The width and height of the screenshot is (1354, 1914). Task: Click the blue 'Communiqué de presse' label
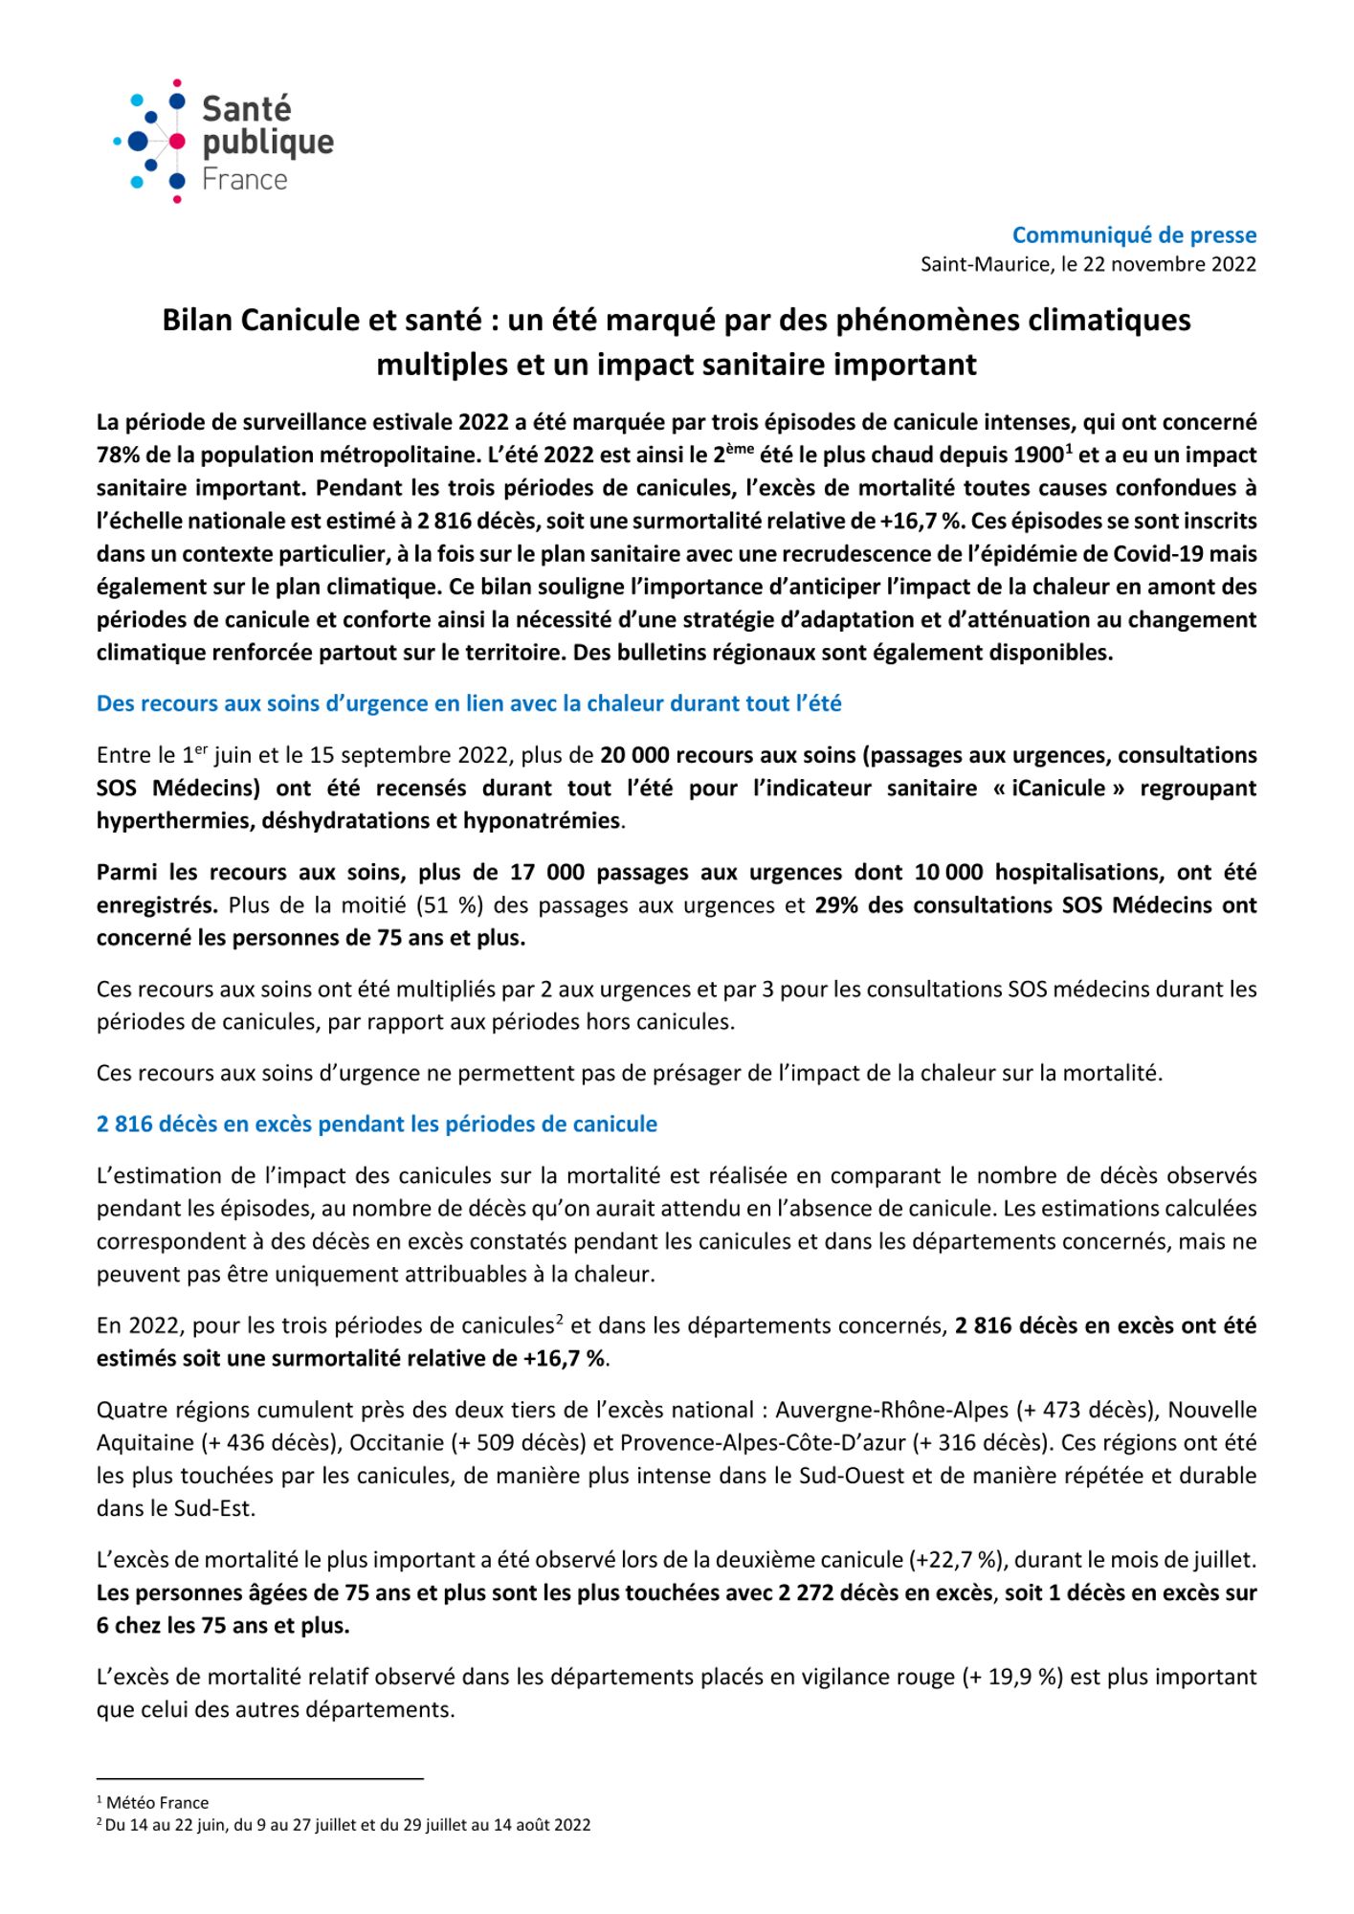click(1134, 234)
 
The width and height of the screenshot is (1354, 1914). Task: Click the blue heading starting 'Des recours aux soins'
click(469, 703)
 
